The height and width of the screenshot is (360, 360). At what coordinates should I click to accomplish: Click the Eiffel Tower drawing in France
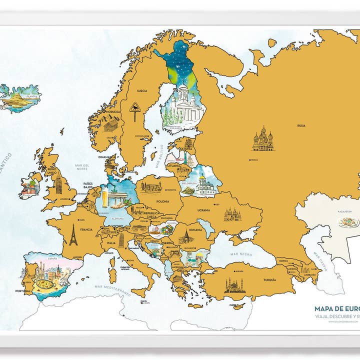click(73, 234)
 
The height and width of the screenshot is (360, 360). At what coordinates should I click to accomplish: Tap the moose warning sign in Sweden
click(135, 109)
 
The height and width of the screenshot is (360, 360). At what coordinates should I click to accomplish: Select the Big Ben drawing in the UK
click(58, 183)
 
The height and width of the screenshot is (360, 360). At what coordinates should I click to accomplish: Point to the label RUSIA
click(301, 125)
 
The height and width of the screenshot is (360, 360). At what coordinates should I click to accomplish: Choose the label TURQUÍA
click(269, 280)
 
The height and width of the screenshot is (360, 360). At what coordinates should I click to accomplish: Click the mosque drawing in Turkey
click(234, 285)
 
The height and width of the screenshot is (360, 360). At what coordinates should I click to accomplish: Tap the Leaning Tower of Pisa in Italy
click(121, 240)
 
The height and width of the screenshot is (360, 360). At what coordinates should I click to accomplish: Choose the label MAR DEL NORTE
click(81, 167)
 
